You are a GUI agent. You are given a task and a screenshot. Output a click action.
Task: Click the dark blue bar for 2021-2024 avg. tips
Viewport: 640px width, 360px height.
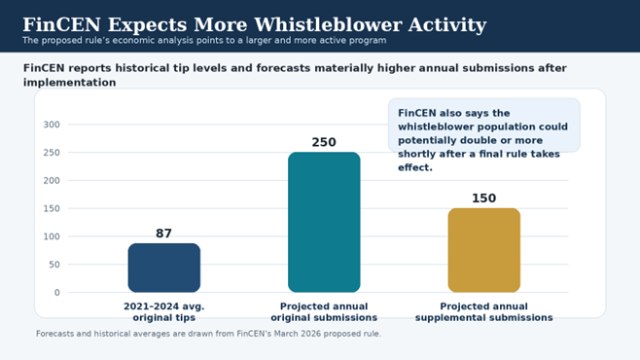point(163,268)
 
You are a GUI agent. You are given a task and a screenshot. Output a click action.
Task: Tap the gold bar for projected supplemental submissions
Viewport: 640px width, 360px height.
point(483,250)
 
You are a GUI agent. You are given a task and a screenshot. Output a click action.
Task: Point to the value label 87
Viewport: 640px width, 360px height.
point(163,234)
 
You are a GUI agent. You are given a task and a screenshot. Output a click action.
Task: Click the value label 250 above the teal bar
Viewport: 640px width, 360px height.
point(324,142)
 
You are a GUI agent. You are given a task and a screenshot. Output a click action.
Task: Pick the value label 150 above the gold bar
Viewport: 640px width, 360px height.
point(483,198)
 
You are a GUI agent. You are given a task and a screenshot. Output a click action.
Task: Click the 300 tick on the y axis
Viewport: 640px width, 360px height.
point(52,125)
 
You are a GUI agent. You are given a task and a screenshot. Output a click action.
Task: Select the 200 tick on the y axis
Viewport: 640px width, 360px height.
point(52,181)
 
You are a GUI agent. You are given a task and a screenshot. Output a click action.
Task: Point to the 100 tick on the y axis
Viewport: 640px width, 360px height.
point(52,236)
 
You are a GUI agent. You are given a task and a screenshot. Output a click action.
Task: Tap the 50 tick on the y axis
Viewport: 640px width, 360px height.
point(53,265)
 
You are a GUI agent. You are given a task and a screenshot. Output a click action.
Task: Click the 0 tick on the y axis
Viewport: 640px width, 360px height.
point(56,292)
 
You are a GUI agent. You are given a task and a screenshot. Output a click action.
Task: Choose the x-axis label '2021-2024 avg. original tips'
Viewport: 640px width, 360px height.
point(163,311)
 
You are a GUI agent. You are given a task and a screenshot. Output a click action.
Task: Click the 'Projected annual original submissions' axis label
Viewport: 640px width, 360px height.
point(324,311)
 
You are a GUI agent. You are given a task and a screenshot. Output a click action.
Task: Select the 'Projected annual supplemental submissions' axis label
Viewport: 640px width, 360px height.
point(483,311)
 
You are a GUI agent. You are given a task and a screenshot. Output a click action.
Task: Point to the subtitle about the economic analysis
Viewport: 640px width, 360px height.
point(204,41)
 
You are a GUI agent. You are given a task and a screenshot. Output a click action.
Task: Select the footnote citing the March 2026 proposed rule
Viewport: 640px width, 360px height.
point(208,334)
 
